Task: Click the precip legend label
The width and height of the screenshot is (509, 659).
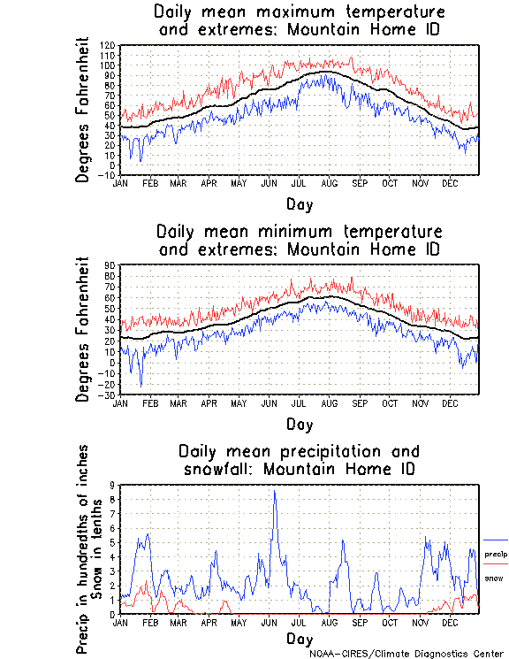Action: [496, 555]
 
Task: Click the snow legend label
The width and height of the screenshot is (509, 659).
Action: [494, 579]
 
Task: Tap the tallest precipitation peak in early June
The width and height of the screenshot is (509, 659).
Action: [275, 492]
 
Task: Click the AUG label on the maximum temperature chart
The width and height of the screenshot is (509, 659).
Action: [329, 183]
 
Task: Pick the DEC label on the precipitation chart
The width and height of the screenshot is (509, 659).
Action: [449, 622]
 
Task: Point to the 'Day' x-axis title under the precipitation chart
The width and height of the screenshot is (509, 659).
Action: [299, 639]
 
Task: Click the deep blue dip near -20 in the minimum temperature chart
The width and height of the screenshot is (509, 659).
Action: [141, 384]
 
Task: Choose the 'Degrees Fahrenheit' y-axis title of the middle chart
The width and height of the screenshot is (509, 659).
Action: [84, 329]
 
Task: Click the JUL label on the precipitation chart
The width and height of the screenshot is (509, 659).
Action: [299, 622]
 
